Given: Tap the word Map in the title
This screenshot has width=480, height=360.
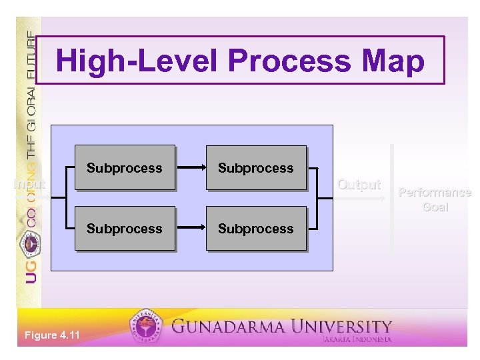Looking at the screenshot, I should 395,61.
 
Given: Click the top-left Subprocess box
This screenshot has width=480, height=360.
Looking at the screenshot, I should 125,168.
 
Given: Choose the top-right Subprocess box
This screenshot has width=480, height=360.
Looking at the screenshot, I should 256,168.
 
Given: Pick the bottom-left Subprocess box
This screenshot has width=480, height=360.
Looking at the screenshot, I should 125,229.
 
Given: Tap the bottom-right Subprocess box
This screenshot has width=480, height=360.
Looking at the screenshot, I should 256,229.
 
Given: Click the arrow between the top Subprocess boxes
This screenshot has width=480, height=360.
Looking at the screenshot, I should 190,168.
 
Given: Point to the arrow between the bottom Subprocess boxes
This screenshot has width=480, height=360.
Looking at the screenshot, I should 190,229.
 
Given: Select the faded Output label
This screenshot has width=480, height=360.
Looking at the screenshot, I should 359,185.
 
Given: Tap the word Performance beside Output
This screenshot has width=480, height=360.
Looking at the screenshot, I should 434,193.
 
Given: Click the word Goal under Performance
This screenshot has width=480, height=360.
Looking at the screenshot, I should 435,207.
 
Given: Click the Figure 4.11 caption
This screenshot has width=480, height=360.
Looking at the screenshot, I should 51,335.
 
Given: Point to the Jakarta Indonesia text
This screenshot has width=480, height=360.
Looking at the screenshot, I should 357,339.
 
